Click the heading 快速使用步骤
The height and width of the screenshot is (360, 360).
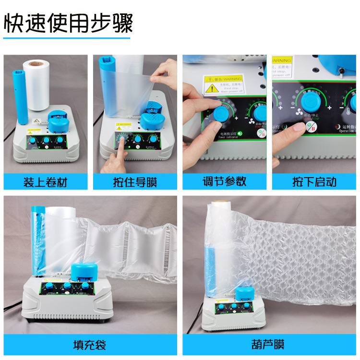[x=68, y=22]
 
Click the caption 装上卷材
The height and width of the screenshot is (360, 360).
[x=46, y=182]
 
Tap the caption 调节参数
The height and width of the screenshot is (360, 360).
[x=224, y=182]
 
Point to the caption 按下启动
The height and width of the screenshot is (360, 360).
[x=314, y=182]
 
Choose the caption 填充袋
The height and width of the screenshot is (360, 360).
[x=90, y=345]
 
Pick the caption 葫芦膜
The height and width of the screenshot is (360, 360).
[x=270, y=345]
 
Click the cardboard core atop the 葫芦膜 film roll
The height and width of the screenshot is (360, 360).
[x=219, y=202]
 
